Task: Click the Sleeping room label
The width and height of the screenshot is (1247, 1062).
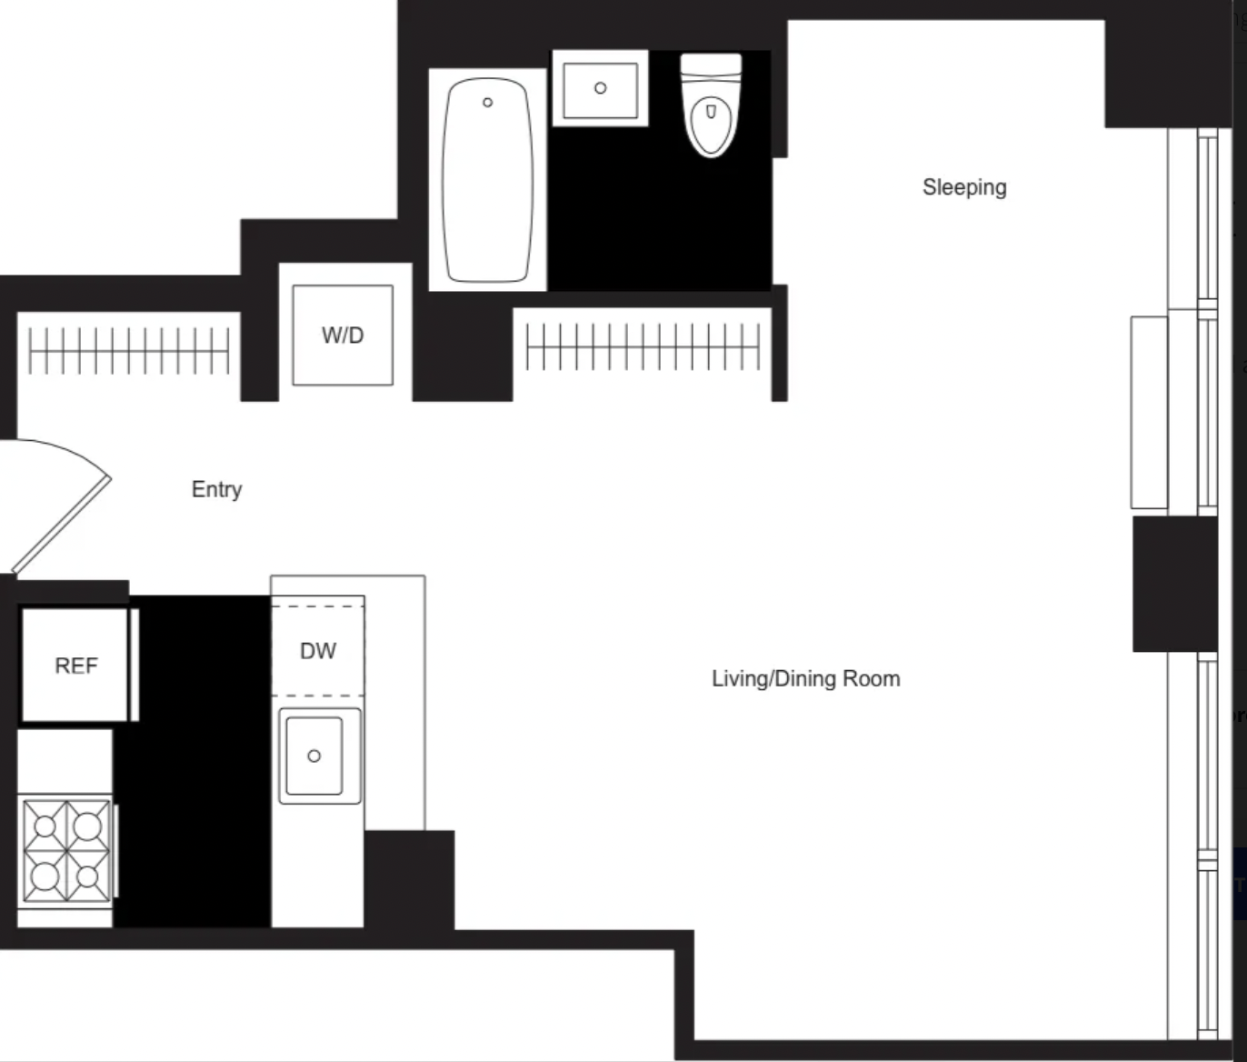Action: (x=964, y=187)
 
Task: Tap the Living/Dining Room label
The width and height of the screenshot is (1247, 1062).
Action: (x=806, y=679)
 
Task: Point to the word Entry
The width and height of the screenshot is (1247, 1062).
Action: (x=216, y=489)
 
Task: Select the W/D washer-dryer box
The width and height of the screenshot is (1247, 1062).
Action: (x=343, y=335)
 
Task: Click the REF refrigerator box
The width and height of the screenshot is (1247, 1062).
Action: (x=75, y=665)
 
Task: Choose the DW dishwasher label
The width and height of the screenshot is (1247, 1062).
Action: (x=318, y=650)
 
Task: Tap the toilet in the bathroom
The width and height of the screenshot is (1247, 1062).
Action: (x=712, y=105)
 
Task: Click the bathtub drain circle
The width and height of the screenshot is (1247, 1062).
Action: (x=487, y=103)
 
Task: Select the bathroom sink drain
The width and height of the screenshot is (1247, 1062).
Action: (x=600, y=88)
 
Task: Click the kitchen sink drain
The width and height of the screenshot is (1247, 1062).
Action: (x=314, y=756)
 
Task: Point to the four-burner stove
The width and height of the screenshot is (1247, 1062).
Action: (x=66, y=851)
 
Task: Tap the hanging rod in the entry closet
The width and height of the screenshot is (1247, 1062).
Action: (x=128, y=350)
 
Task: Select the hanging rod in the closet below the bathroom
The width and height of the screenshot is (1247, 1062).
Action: (x=643, y=346)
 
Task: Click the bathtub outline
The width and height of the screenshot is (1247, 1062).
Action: (x=487, y=180)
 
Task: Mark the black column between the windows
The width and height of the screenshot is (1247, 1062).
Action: (x=1174, y=584)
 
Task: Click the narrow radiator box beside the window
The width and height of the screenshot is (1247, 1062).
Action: (x=1149, y=412)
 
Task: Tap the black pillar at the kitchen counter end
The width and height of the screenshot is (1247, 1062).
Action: (x=409, y=880)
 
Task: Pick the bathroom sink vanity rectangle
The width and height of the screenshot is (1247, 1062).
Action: (x=600, y=88)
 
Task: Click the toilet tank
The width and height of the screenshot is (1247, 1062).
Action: (x=712, y=65)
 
